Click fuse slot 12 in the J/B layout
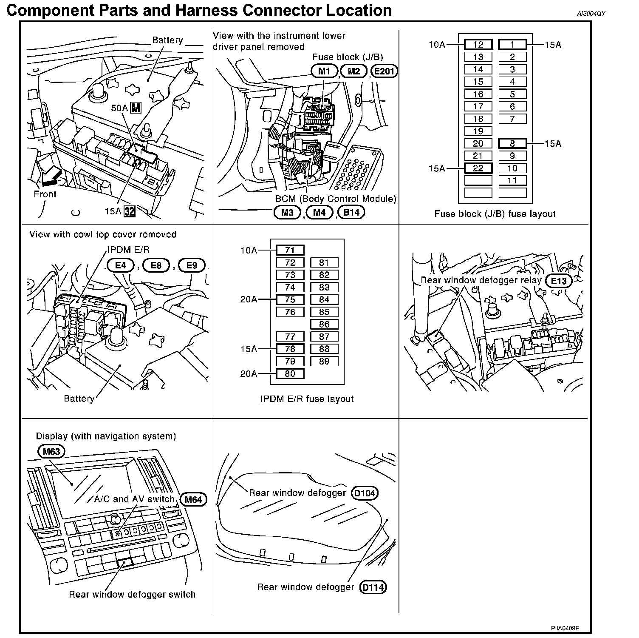478,45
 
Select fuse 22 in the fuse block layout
478,168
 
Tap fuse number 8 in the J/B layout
512,143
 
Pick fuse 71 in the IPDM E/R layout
290,250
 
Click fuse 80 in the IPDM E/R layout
290,374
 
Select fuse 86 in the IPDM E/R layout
324,324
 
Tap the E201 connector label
384,71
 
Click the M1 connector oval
324,71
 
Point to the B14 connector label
351,212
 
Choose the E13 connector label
559,281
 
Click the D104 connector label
365,493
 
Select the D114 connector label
373,587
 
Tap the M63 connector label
51,451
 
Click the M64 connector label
193,499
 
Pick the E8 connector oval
156,265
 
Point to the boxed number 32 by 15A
129,211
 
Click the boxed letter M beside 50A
136,108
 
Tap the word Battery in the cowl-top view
79,399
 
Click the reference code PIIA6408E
565,628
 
